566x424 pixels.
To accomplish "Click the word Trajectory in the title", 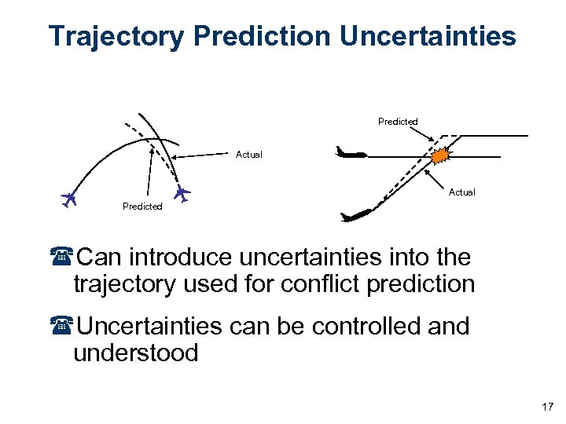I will (x=116, y=36).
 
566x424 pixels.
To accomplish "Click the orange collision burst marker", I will (x=441, y=155).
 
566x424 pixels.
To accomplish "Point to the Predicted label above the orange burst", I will (x=398, y=122).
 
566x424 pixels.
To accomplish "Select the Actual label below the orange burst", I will (x=461, y=192).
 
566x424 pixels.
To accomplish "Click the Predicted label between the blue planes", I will (x=142, y=207).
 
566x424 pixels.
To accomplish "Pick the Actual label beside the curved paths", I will (x=249, y=155).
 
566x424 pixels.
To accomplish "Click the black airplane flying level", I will (x=350, y=152).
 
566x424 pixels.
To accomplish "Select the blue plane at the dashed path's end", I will (x=182, y=192).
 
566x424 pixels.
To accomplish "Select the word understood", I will (x=135, y=353).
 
